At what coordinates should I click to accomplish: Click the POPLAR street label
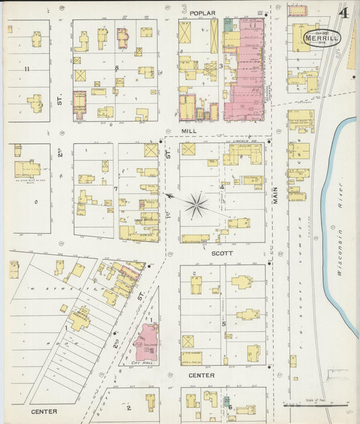(x=202, y=13)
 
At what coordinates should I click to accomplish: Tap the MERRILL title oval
(x=322, y=38)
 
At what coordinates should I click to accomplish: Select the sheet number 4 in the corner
(x=344, y=13)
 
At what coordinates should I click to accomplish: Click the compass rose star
(x=197, y=205)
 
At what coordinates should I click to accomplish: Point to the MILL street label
(x=188, y=131)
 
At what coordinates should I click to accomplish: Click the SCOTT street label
(x=222, y=253)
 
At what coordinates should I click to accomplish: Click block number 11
(x=26, y=69)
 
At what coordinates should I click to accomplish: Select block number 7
(x=116, y=188)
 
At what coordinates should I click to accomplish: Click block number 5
(x=224, y=323)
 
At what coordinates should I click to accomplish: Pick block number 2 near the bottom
(x=128, y=407)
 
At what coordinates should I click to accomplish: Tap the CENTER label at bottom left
(x=43, y=411)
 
